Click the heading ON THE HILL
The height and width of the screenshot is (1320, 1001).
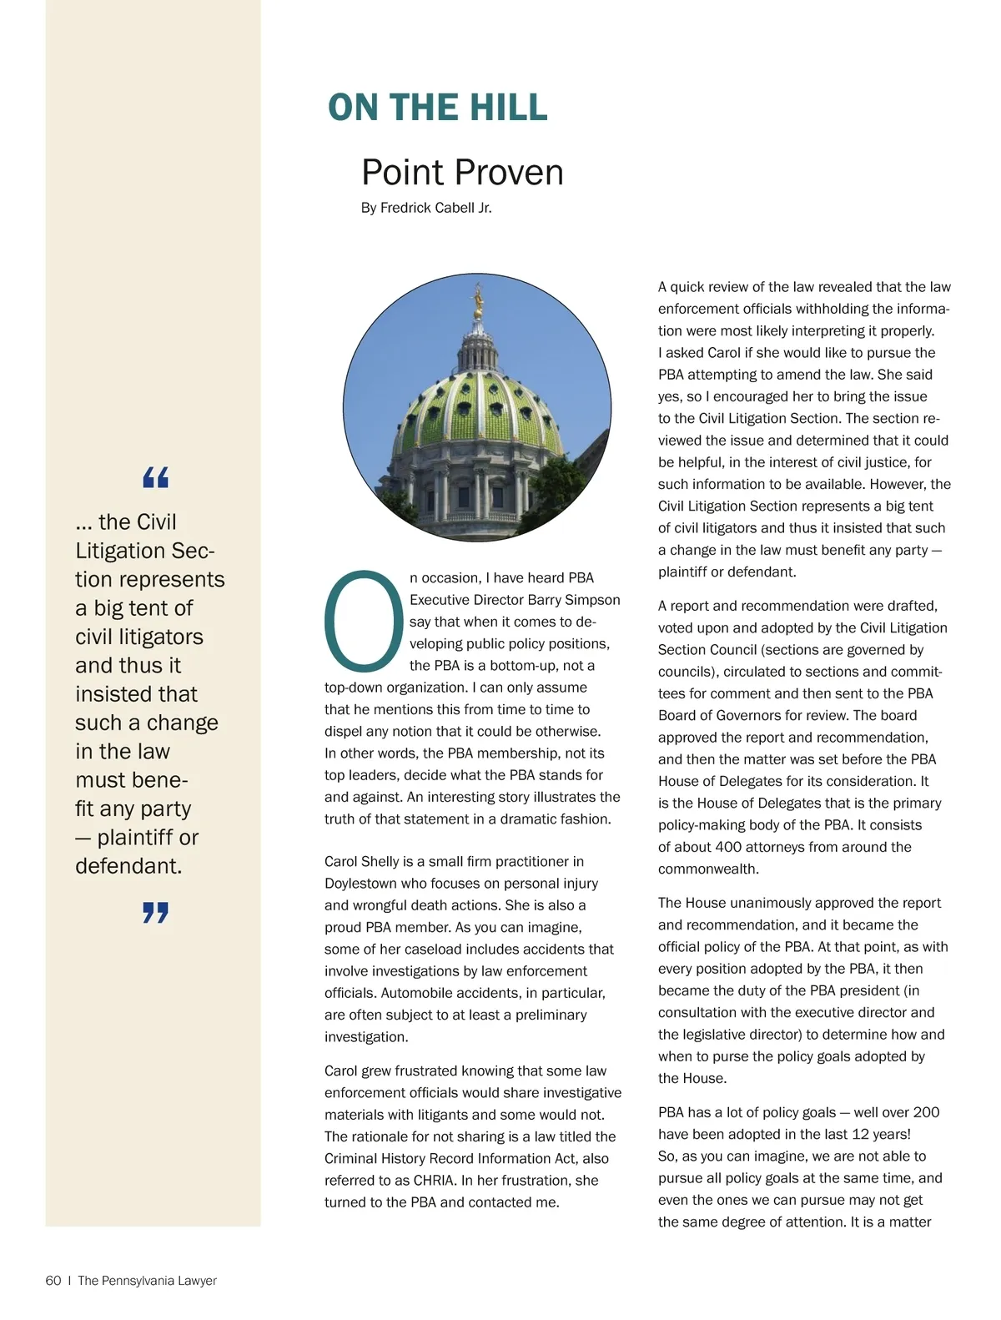click(437, 108)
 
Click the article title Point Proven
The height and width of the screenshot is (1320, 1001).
click(462, 173)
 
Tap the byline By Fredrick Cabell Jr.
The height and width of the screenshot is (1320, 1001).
click(426, 208)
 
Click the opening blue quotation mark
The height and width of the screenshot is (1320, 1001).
click(155, 477)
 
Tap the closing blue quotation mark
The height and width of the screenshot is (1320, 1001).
click(155, 912)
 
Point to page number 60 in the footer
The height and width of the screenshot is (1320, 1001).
click(53, 1281)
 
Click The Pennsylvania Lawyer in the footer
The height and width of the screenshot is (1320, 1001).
click(147, 1281)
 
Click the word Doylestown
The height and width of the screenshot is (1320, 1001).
click(364, 883)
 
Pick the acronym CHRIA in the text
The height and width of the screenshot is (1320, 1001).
click(434, 1180)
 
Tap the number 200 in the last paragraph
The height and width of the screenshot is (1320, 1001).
click(926, 1112)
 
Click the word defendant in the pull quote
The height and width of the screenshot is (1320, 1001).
click(128, 866)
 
